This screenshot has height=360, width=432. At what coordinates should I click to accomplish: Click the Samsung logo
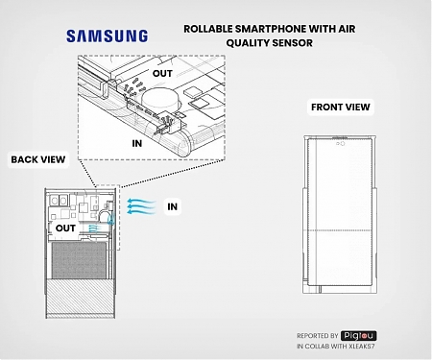pos(108,36)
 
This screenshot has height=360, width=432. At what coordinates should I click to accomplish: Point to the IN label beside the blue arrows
pos(173,206)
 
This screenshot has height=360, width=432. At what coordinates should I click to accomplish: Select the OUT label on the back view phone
pos(65,228)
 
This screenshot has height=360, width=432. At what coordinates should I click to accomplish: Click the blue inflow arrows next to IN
pos(142,205)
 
